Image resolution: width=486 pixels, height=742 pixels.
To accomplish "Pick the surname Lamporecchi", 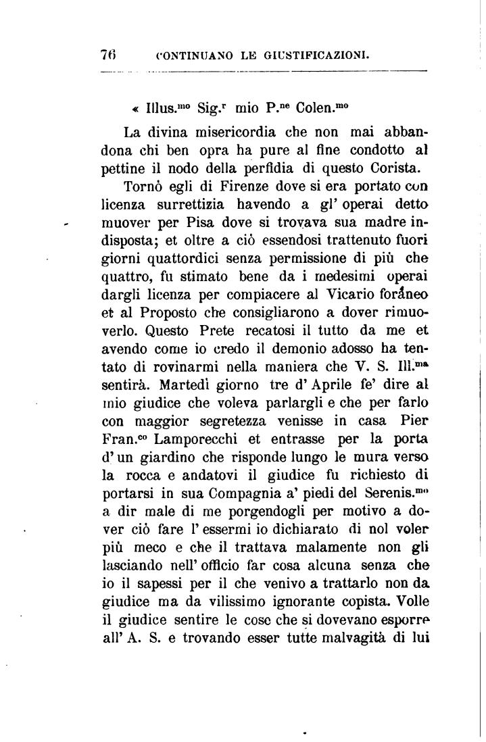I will tap(185, 440).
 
